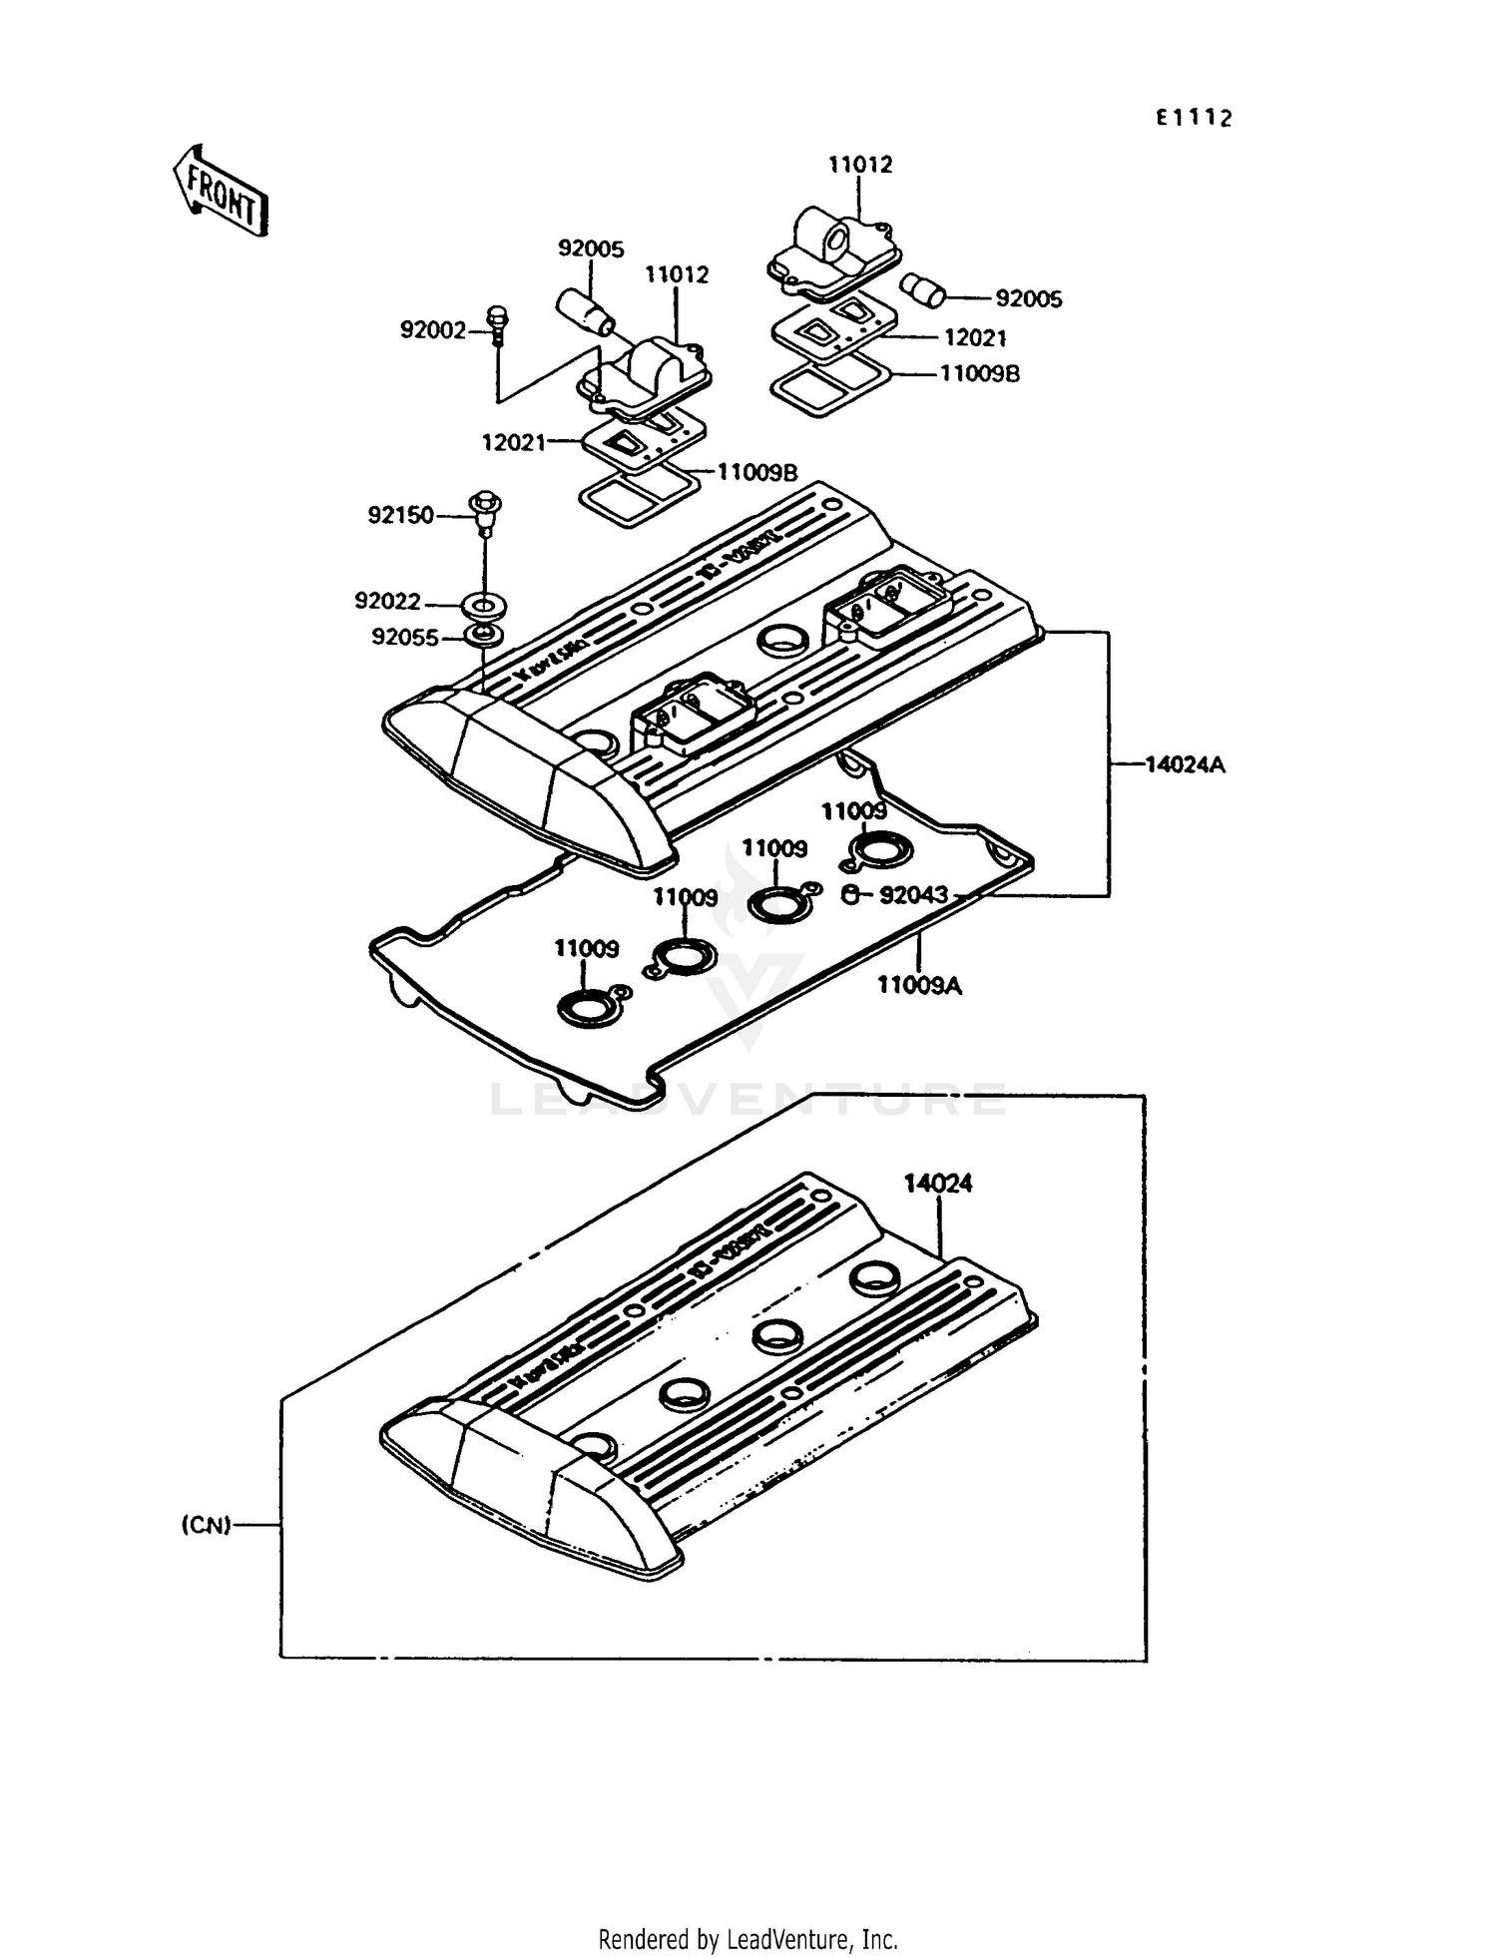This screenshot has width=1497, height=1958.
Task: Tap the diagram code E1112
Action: tap(1195, 118)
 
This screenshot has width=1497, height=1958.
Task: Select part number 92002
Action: tap(433, 329)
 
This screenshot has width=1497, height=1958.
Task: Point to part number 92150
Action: tap(401, 515)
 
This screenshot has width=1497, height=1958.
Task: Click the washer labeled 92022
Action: tap(484, 605)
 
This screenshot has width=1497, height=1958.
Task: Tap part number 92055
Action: tap(405, 637)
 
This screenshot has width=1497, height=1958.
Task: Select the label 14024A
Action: tap(1185, 764)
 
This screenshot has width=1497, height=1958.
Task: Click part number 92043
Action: tap(913, 895)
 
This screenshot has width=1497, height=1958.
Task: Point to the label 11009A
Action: tap(919, 985)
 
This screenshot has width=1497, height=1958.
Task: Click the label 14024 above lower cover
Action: tap(938, 1184)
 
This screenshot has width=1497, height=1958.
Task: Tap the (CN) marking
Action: tap(207, 1526)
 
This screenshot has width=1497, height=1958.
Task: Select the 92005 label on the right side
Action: tap(1029, 298)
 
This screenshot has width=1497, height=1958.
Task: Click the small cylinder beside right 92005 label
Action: tap(923, 290)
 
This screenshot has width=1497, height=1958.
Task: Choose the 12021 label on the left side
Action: tap(514, 442)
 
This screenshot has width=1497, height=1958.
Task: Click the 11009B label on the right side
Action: tap(980, 374)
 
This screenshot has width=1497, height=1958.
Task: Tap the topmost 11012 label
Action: tap(860, 164)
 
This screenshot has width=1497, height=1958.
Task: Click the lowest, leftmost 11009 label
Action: tap(587, 948)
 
